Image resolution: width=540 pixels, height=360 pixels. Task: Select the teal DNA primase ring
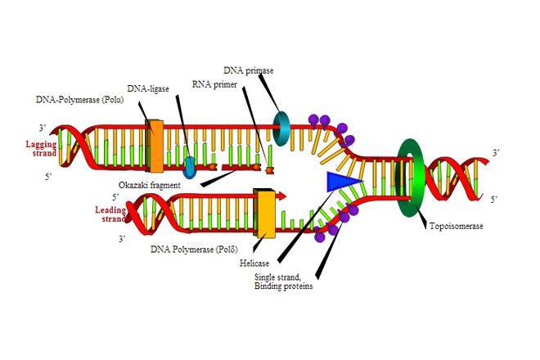pyautogui.click(x=282, y=128)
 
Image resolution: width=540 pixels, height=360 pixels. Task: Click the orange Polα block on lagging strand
pyautogui.click(x=155, y=146)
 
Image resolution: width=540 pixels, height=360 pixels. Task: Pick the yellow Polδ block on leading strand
pyautogui.click(x=264, y=214)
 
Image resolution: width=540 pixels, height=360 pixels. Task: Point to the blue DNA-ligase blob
pyautogui.click(x=189, y=168)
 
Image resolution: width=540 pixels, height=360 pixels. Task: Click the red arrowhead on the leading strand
pyautogui.click(x=281, y=196)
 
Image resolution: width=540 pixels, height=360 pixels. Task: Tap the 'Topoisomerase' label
pyautogui.click(x=457, y=226)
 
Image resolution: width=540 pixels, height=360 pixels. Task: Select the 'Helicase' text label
pyautogui.click(x=254, y=263)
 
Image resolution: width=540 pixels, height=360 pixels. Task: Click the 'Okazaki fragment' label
pyautogui.click(x=150, y=186)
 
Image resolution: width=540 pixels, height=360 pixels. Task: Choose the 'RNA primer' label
pyautogui.click(x=214, y=84)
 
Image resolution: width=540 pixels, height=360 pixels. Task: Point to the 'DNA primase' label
pyautogui.click(x=248, y=70)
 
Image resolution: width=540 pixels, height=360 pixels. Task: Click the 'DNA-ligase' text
pyautogui.click(x=148, y=88)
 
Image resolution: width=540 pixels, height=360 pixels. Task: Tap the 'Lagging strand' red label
pyautogui.click(x=42, y=148)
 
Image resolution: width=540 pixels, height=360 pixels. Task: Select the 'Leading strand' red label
pyautogui.click(x=110, y=214)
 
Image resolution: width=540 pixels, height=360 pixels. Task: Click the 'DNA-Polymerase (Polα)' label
pyautogui.click(x=80, y=100)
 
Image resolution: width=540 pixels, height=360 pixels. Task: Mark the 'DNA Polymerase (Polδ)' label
pyautogui.click(x=194, y=249)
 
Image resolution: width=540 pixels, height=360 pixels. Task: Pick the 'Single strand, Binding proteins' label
pyautogui.click(x=284, y=281)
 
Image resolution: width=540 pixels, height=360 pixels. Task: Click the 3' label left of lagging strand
pyautogui.click(x=43, y=128)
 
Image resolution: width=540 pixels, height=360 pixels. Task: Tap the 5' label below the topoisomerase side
pyautogui.click(x=494, y=199)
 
